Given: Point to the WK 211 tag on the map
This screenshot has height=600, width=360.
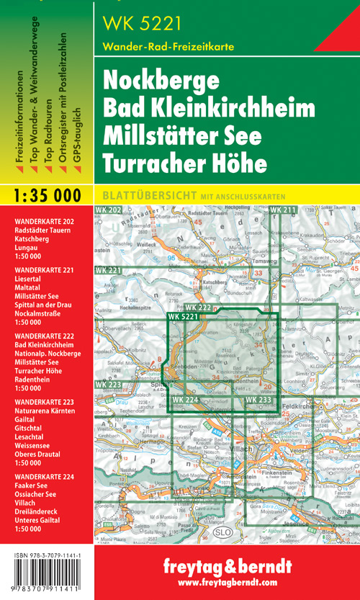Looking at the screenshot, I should pos(283,210).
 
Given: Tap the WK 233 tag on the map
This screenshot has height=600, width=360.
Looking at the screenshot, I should pos(258,400).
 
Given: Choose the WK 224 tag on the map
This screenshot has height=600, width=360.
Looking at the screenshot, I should pos(186,400).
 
